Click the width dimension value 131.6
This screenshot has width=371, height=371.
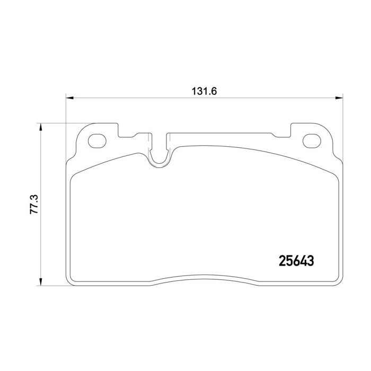(x=204, y=91)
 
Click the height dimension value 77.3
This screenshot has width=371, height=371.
(x=34, y=205)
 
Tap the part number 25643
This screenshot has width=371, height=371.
(x=296, y=261)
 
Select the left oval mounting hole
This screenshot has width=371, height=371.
(x=97, y=141)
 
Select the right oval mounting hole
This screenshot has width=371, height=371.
(x=312, y=141)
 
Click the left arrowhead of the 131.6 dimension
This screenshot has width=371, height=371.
(x=69, y=98)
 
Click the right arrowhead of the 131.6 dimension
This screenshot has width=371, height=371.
(x=339, y=98)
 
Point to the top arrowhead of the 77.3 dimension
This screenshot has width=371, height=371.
(x=41, y=127)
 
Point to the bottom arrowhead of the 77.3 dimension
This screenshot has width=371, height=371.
(x=41, y=281)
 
